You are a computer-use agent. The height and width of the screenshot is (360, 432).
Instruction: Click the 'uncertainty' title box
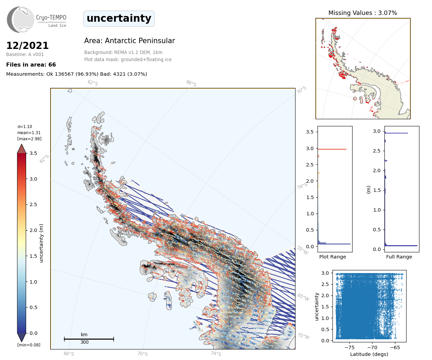coord(119,19)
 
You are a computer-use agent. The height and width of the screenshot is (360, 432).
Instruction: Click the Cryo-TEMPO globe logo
coord(20,19)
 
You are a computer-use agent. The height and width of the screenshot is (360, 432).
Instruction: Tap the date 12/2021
coord(27,46)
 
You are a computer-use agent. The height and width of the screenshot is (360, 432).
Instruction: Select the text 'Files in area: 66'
coord(31,65)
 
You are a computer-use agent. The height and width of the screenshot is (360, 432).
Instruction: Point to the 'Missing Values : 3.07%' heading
coord(363,13)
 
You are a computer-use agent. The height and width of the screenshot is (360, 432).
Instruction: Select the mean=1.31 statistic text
coord(29,132)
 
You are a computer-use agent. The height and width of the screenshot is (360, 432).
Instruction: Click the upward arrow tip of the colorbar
coord(21,144)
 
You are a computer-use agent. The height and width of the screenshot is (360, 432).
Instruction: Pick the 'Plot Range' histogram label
coord(332,257)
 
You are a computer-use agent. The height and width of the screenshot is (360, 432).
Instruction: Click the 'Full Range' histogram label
coord(399,257)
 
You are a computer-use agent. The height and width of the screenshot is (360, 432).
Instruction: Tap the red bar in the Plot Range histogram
coord(332,149)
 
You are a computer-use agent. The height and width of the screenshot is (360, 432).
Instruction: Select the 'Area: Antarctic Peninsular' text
coord(129,40)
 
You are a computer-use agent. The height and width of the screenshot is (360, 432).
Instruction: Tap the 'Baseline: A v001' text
coord(25,54)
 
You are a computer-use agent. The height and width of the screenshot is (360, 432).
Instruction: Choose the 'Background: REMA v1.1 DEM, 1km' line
coord(123,52)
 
